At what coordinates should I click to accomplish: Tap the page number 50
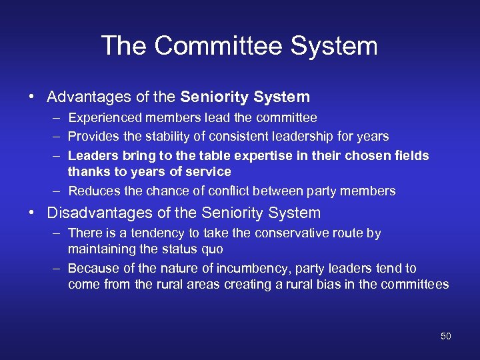[x=446, y=336]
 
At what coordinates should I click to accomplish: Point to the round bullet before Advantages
[x=31, y=97]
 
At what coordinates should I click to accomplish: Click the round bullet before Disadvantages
[x=31, y=213]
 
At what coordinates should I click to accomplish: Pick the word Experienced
[x=101, y=118]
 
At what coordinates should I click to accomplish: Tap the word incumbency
[x=220, y=269]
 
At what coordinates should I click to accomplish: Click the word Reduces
[x=91, y=191]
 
